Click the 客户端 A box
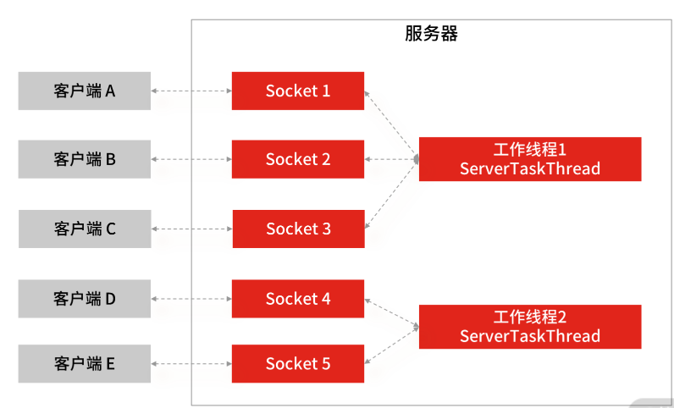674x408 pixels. pos(85,91)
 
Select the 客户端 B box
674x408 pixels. pos(85,159)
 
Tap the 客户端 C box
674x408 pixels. pos(85,229)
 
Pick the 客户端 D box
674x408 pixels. pos(85,299)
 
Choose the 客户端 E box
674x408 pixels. pos(85,364)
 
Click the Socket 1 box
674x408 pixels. pos(298,91)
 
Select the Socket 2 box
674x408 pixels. pos(298,159)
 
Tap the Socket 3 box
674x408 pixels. pos(298,229)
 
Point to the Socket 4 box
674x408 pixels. pos(298,299)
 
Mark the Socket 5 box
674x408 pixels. pos(298,364)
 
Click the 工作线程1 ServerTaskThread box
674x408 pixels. pos(530,159)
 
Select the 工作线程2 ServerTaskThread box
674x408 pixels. pos(530,327)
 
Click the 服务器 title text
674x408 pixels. pos(431,34)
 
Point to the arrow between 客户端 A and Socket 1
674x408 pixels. pos(191,91)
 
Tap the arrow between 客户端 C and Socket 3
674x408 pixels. pos(191,229)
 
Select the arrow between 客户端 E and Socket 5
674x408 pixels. pos(191,364)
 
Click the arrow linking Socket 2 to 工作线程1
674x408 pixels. pos(391,159)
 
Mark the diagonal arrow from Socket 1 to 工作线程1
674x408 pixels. pos(391,124)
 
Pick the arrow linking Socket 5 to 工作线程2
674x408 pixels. pos(391,345)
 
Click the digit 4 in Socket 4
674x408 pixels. pos(326,299)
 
